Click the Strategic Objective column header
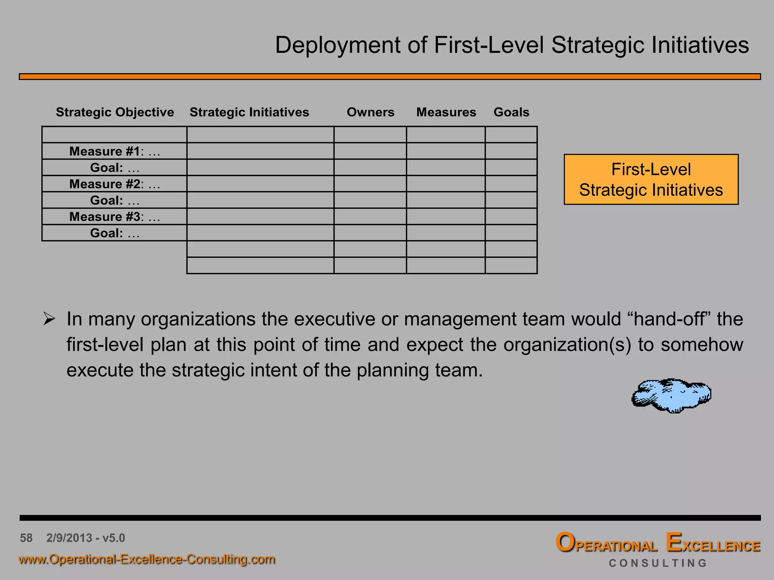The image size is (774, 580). pos(115,112)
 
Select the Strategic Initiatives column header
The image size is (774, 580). pos(249,112)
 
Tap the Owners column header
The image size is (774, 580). pos(370,112)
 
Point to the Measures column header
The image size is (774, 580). pos(446,112)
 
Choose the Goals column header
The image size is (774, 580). pos(511,112)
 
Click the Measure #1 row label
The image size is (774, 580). pos(115,151)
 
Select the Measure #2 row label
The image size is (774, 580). pos(115,184)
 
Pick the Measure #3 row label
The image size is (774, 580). pos(115,217)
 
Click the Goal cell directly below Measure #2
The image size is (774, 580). pos(115,201)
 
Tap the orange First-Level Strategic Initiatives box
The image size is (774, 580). pos(651,179)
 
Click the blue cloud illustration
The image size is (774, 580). pos(671,395)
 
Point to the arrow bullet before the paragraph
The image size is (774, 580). pos(49,319)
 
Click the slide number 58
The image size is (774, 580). pos(26,538)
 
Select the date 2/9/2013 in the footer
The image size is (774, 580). pos(69,538)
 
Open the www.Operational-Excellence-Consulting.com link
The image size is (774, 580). pos(147,559)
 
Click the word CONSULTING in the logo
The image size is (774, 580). pos(658,563)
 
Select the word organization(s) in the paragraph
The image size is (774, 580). pos(567,345)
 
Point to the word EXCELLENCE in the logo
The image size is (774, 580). pos(713,544)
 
